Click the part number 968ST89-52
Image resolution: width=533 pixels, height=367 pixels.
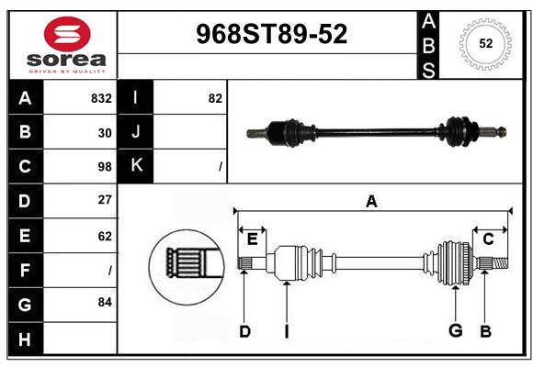(x=272, y=35)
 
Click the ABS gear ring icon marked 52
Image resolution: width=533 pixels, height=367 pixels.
(x=485, y=43)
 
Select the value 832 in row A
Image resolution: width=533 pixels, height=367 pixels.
(x=101, y=98)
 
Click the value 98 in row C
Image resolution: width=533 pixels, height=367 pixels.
(x=105, y=167)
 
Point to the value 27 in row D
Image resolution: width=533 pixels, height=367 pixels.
(x=105, y=200)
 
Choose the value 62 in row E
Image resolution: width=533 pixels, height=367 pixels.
(x=105, y=236)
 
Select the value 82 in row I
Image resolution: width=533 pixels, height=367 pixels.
(x=215, y=98)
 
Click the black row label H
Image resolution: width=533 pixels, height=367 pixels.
(x=25, y=339)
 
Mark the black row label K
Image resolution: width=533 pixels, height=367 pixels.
(x=136, y=166)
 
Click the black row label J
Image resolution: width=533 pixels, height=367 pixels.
(x=136, y=132)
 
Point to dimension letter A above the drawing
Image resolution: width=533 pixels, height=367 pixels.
(x=371, y=202)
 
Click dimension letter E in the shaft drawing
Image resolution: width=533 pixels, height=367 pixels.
(x=252, y=239)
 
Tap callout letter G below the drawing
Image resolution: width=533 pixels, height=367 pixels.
(x=455, y=331)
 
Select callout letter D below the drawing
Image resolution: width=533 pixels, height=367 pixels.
(x=244, y=331)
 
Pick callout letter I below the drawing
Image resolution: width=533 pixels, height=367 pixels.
(x=287, y=331)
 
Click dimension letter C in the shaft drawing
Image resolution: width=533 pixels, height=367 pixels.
(x=489, y=239)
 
